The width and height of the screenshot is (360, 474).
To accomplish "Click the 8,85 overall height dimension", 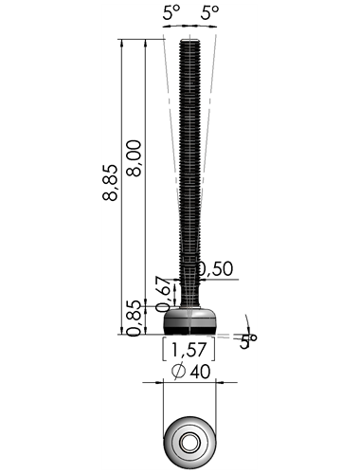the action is pos(110,182).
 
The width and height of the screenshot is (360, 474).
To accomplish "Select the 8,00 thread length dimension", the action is pos(134,158).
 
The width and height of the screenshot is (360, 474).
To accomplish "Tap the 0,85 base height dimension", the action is pos(134,319).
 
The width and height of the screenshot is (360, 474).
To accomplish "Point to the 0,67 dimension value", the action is pos(164,294).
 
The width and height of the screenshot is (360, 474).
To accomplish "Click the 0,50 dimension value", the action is pos(215,269).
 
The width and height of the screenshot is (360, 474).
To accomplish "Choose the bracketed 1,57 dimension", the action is pos(189,349).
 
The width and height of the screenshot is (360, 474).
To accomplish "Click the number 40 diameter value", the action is pos(200,372).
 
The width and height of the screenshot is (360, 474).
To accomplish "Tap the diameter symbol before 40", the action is pos(178,372).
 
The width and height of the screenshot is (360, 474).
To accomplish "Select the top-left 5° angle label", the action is pos(171,13).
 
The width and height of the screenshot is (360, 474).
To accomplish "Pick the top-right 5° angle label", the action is pos(210,13).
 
